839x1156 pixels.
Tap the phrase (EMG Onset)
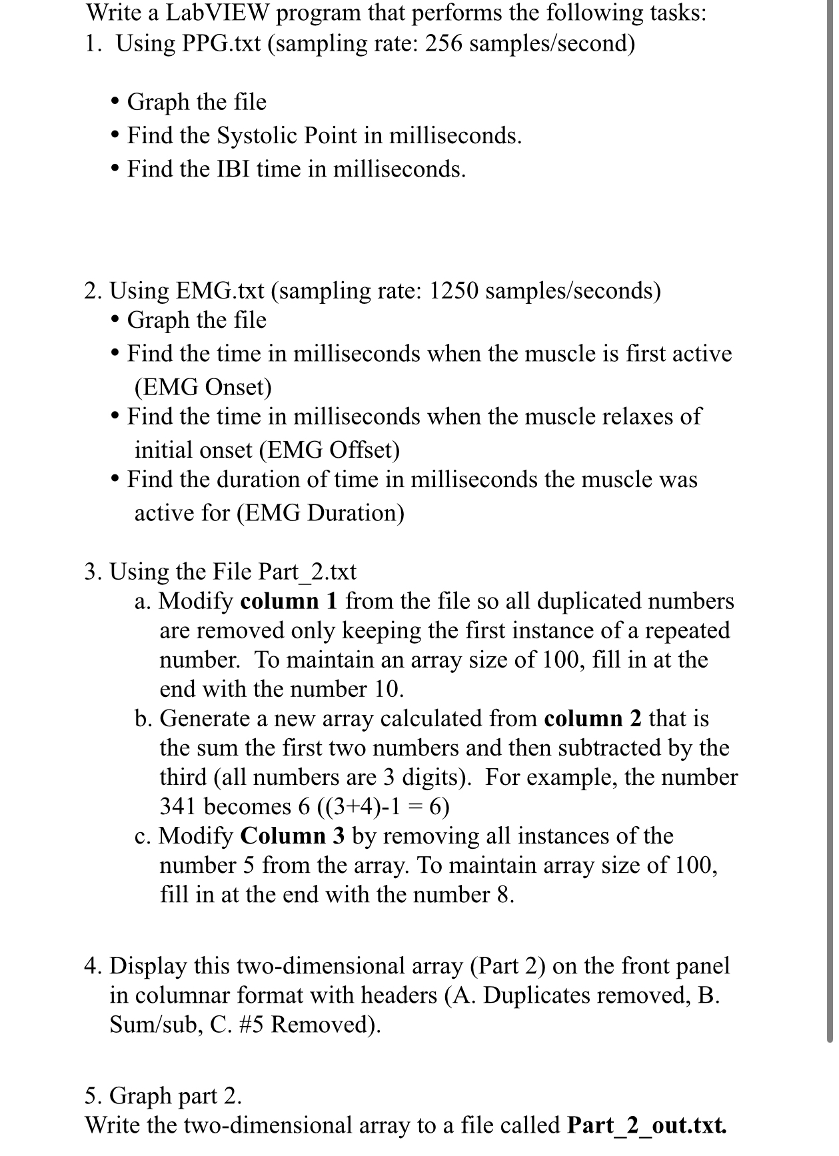203,386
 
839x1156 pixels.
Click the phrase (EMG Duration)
269,513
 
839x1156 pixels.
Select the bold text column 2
593,718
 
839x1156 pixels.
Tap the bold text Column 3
293,836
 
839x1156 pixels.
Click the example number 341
179,806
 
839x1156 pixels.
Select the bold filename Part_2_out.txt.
646,1125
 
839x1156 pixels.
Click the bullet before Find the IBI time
116,169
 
